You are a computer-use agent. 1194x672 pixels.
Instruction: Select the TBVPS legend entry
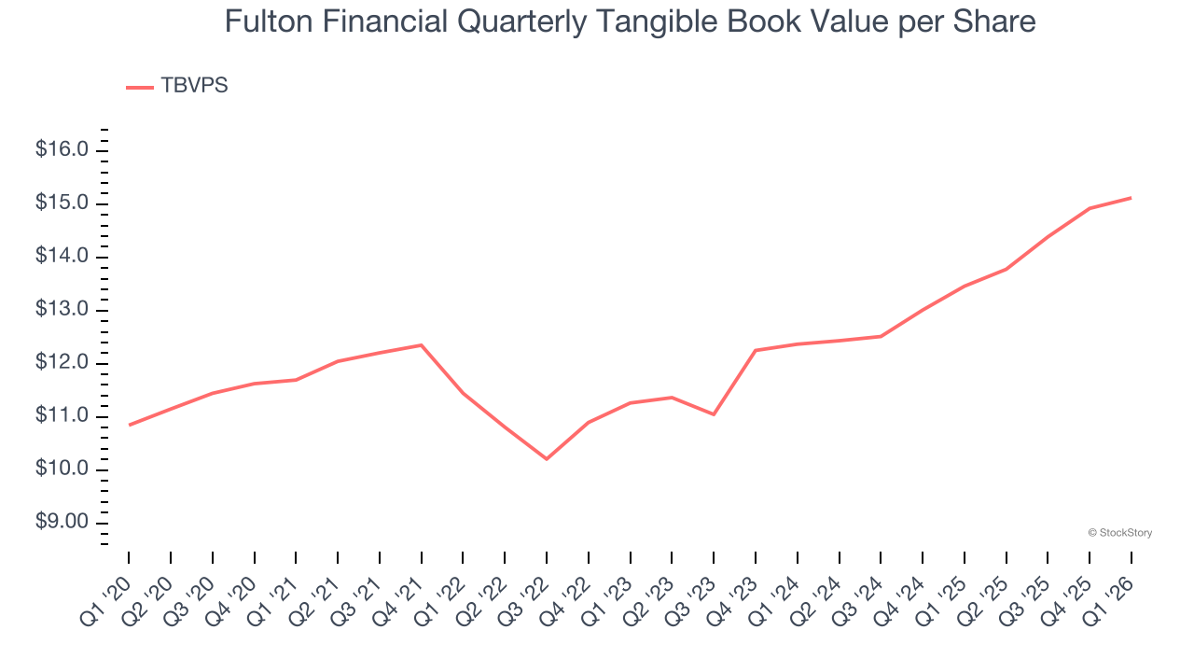[x=177, y=86]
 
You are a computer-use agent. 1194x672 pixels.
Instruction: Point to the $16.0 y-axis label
[x=62, y=150]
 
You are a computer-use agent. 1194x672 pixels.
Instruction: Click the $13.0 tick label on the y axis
[x=62, y=310]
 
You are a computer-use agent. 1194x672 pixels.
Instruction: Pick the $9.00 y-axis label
[x=62, y=523]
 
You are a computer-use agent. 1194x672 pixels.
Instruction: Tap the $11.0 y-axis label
[x=62, y=416]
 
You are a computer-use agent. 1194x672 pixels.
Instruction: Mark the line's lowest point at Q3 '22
[x=547, y=459]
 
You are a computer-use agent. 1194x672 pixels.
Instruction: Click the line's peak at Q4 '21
[x=422, y=345]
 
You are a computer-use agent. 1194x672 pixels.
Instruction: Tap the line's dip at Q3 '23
[x=714, y=414]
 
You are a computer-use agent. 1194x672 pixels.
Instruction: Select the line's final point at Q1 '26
[x=1132, y=198]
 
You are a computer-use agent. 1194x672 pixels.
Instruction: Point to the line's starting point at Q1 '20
[x=129, y=426]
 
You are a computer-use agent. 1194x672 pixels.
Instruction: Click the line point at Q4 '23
[x=756, y=351]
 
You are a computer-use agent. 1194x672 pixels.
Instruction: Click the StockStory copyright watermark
[x=1119, y=533]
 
